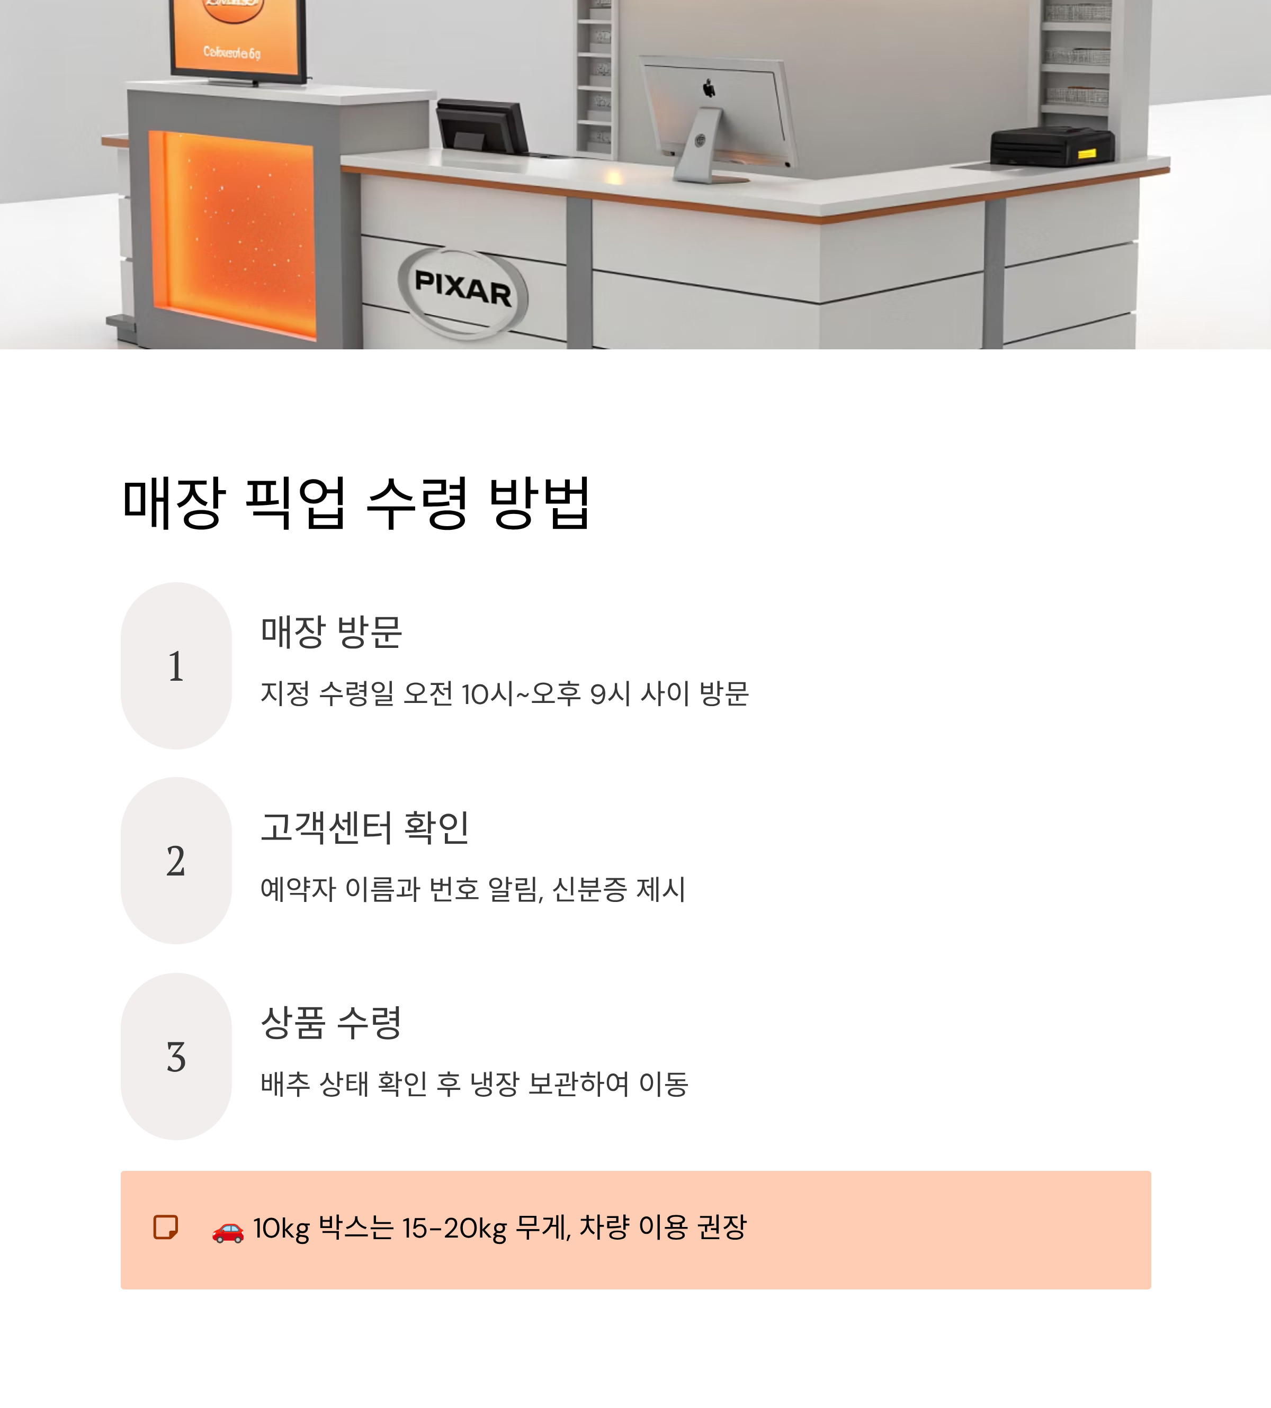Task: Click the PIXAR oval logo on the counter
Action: [463, 292]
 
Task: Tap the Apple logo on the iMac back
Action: [709, 88]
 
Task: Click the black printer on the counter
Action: [1051, 147]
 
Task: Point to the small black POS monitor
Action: [482, 125]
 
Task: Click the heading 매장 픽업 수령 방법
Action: [356, 503]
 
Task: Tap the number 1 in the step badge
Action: [176, 666]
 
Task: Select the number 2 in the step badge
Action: [176, 861]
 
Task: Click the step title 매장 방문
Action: [331, 632]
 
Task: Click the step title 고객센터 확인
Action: [364, 827]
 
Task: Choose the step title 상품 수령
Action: [331, 1023]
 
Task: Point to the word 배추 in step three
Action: [285, 1084]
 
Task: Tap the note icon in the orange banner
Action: [166, 1227]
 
